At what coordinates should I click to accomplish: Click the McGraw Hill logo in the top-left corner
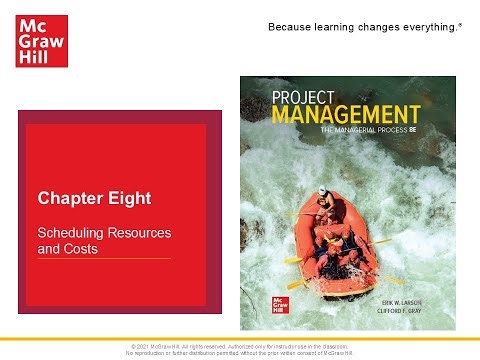click(x=39, y=39)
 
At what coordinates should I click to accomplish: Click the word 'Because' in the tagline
click(x=290, y=24)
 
